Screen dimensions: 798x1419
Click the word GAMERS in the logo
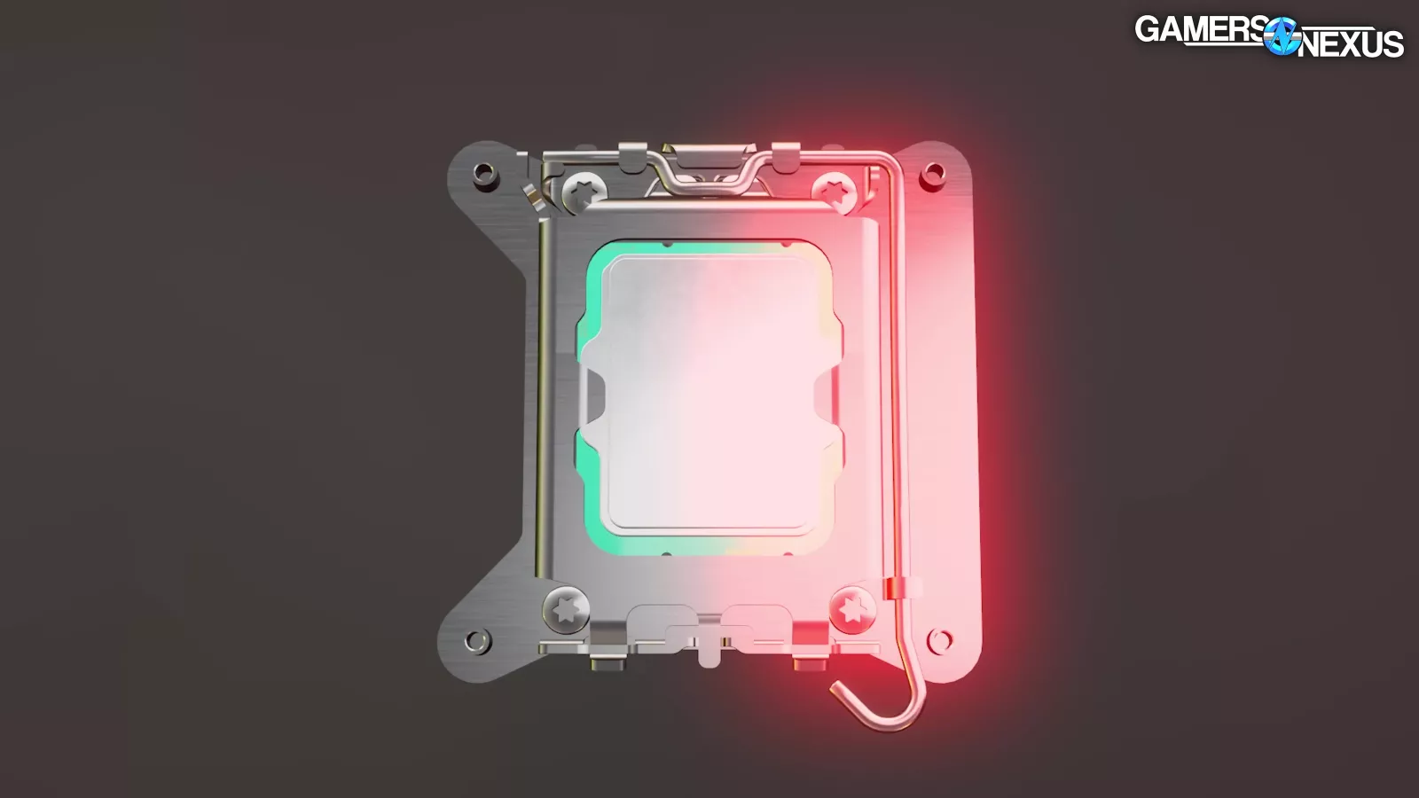click(x=1199, y=29)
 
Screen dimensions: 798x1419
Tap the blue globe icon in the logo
click(x=1282, y=36)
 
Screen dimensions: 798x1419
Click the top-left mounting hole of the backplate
click(x=482, y=172)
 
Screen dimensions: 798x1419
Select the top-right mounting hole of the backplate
click(x=932, y=173)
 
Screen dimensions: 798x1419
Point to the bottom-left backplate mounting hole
click(x=477, y=639)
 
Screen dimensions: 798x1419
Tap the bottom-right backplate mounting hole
click(x=939, y=639)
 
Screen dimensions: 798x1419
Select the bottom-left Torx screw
click(x=567, y=610)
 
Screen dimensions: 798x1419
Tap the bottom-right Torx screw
click(x=852, y=610)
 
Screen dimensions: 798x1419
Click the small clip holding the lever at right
click(x=901, y=587)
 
